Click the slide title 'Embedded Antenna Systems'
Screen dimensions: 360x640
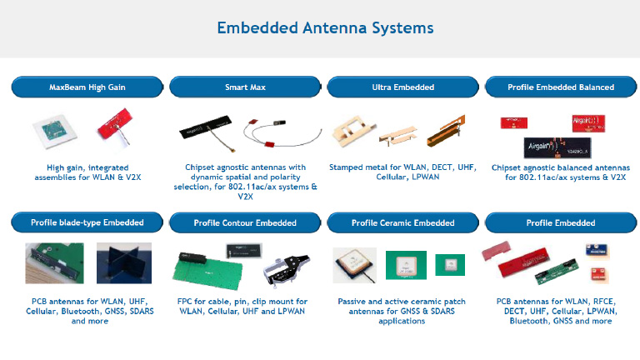325,27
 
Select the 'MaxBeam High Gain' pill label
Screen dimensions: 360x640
87,87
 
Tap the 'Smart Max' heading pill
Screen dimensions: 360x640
245,87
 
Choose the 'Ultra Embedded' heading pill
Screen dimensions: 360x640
402,87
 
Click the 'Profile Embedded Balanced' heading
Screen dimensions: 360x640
561,87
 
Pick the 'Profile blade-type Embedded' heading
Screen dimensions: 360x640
87,222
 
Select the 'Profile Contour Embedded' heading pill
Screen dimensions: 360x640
245,222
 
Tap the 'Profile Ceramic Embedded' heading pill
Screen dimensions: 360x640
402,222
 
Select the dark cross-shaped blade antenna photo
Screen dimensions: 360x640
124,263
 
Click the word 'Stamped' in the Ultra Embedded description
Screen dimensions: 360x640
346,167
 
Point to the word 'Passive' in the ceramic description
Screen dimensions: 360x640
353,302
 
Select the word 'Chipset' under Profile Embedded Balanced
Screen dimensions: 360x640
509,167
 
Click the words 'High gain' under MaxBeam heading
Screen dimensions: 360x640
65,167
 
